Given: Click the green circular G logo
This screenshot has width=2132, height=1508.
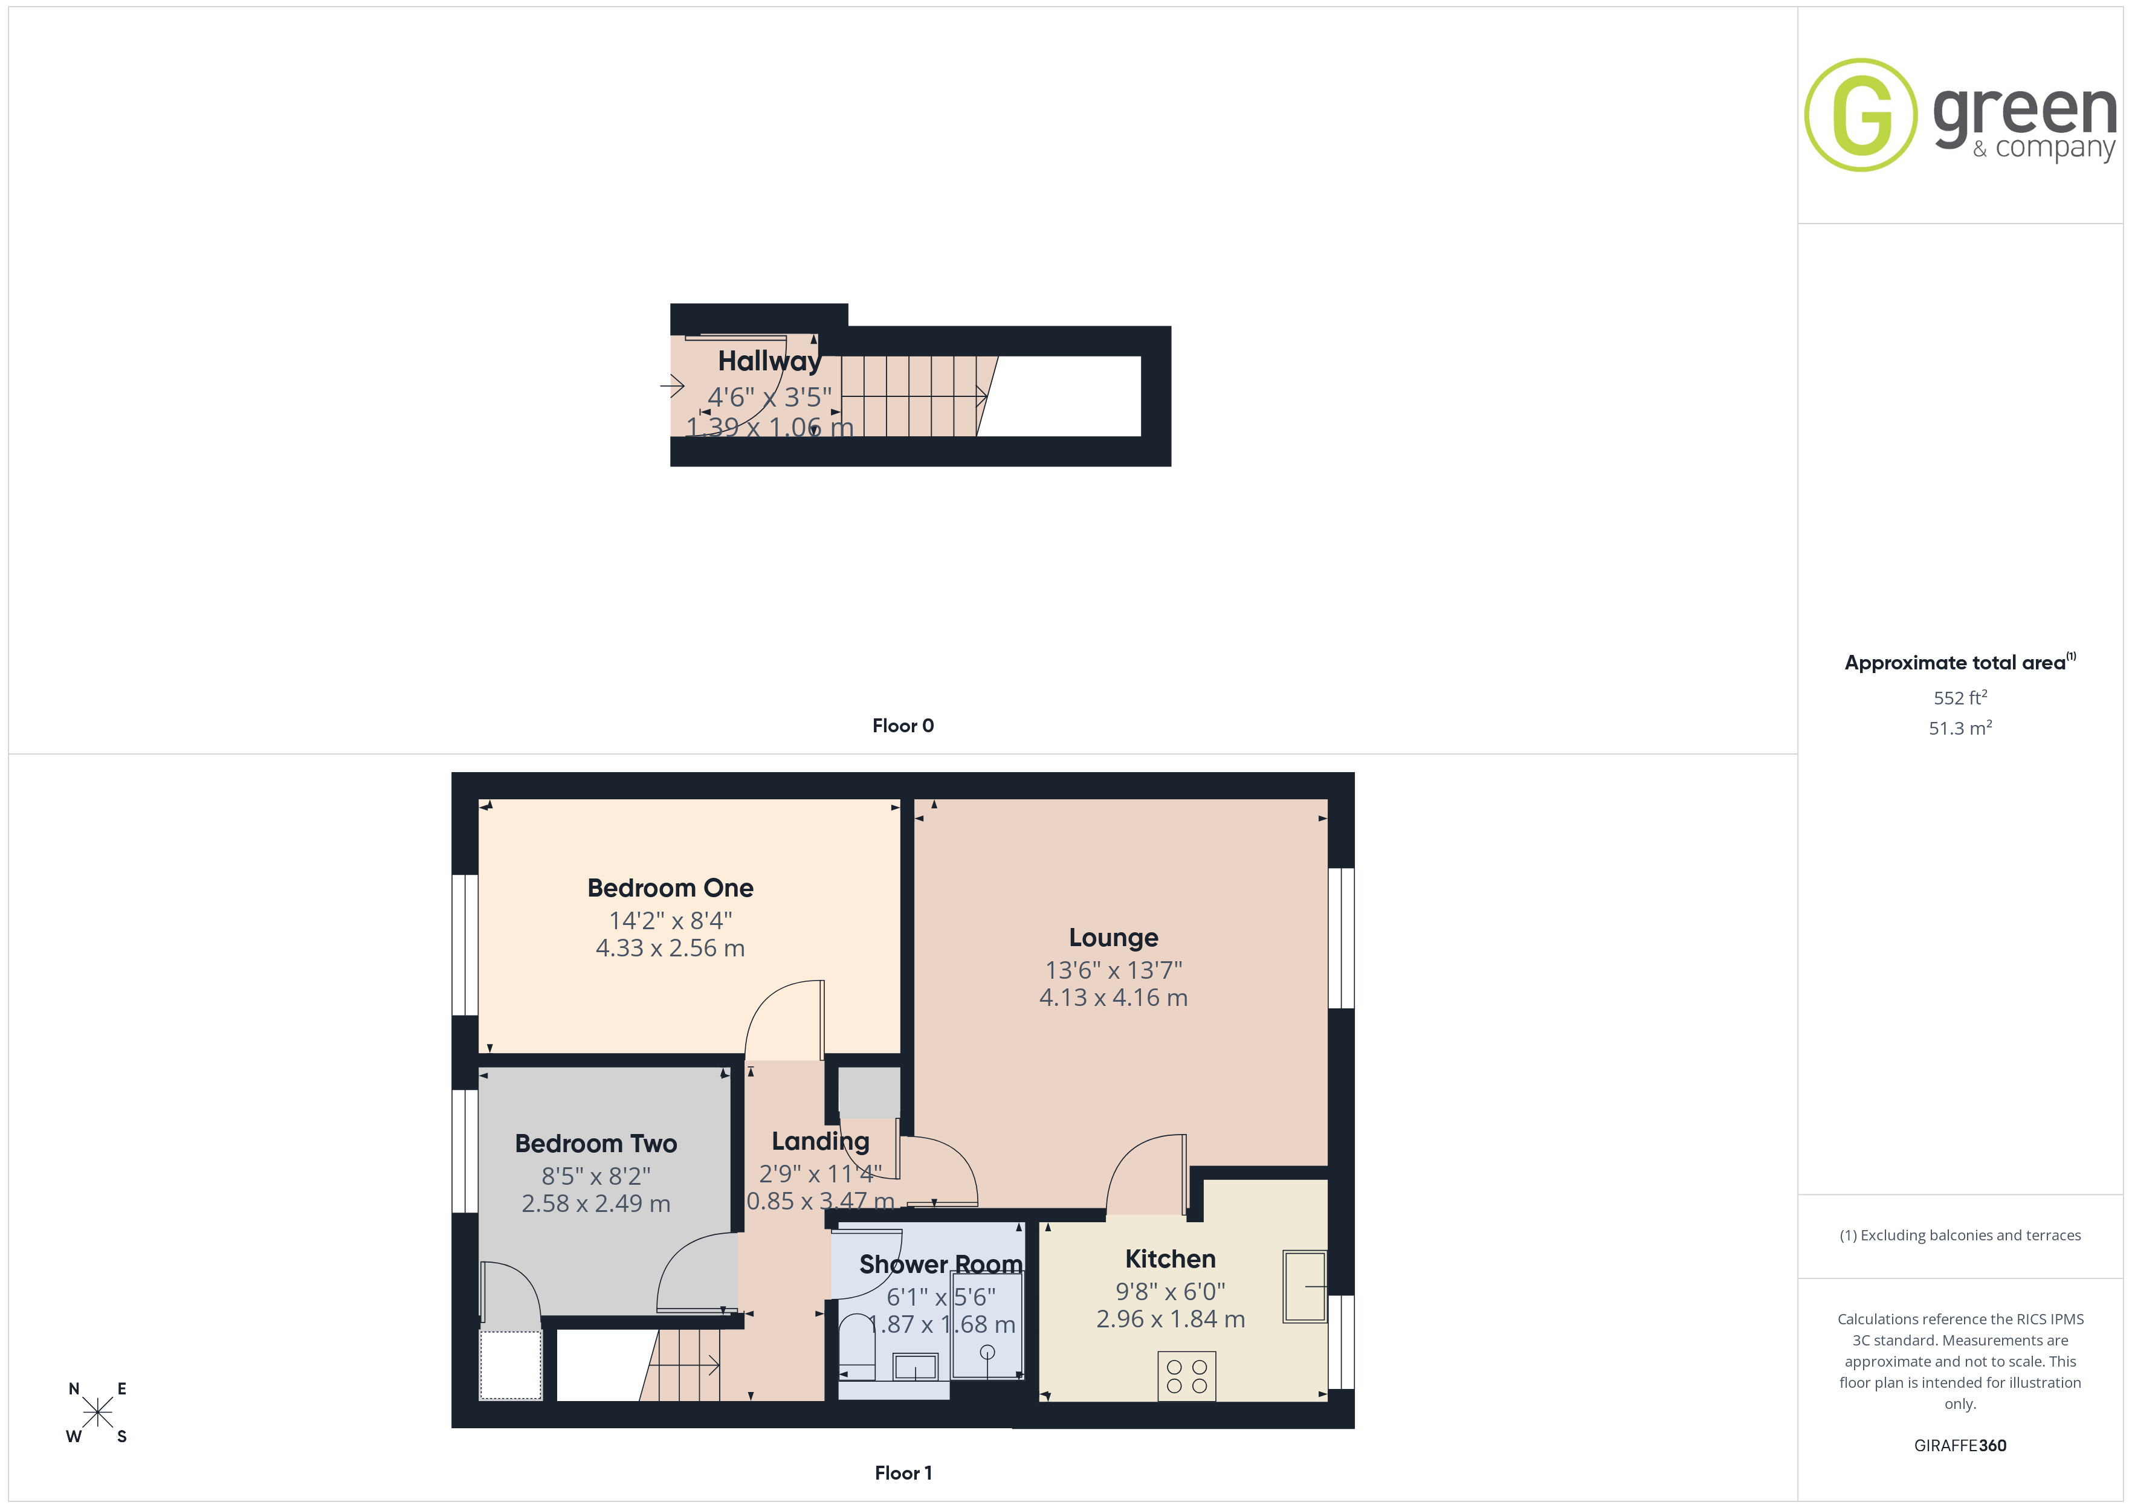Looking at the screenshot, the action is tap(1860, 115).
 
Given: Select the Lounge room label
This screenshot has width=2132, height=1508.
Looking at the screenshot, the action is tap(1113, 938).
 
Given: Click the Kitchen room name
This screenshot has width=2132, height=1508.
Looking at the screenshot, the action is tap(1170, 1259).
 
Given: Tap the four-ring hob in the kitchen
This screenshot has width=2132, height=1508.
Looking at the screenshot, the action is tap(1187, 1376).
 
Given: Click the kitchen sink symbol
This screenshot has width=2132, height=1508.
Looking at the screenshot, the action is tap(1305, 1286).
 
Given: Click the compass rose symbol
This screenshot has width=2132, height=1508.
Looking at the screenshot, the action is tap(97, 1413).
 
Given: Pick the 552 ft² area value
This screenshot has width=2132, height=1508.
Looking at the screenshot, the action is tap(1960, 697).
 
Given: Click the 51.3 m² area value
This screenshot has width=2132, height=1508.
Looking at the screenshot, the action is tap(1960, 728).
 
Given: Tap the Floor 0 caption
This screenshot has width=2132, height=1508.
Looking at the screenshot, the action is tap(903, 726).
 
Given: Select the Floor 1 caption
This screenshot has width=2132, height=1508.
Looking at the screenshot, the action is tap(903, 1473).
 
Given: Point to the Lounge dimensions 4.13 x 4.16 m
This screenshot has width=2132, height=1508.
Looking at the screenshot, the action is tap(1113, 997).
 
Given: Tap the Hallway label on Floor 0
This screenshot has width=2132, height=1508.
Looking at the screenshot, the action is tap(770, 361).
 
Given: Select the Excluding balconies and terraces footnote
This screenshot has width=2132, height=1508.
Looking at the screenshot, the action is tap(1960, 1235).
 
